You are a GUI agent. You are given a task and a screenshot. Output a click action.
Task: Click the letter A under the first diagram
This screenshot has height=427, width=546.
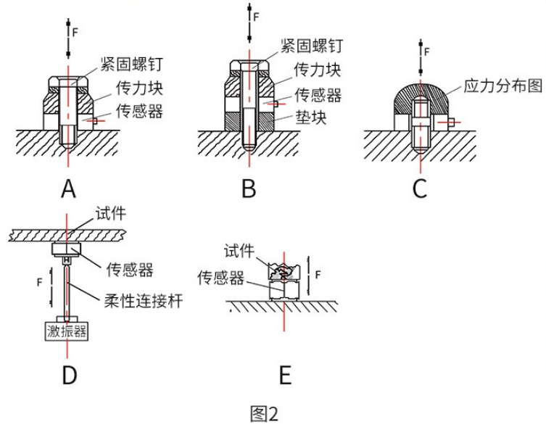[68, 189]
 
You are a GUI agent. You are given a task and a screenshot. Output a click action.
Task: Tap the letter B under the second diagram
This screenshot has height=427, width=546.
[249, 189]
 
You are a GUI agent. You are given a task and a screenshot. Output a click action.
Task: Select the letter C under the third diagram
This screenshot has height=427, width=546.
[420, 189]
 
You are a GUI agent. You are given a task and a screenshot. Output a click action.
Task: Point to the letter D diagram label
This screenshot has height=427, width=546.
[70, 375]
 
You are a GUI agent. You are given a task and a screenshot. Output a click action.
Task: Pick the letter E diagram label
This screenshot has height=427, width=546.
[285, 375]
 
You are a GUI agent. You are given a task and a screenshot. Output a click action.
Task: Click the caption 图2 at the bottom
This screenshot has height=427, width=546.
[264, 414]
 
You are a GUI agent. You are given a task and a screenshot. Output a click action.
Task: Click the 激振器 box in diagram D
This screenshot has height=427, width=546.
[67, 331]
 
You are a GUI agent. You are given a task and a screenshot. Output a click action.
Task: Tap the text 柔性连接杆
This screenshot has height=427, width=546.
[143, 301]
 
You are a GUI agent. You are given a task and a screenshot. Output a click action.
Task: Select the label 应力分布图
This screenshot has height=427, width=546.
[502, 86]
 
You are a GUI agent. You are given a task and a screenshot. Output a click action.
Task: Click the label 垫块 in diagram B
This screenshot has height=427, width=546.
[311, 117]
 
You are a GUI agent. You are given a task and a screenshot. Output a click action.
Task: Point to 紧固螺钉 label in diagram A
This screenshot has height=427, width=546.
[132, 64]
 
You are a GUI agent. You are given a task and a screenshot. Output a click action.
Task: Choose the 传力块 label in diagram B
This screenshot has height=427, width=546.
[318, 70]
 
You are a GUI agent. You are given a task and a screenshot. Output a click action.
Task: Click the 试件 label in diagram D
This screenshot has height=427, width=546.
[111, 213]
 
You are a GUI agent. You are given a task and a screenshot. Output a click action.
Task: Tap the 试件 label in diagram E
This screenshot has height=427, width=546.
[239, 250]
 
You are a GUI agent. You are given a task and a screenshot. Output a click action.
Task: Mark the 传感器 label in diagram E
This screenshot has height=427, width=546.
[220, 278]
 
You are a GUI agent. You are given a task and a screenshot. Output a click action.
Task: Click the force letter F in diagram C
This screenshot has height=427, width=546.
[427, 52]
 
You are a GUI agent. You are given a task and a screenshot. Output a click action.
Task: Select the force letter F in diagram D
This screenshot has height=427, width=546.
[39, 282]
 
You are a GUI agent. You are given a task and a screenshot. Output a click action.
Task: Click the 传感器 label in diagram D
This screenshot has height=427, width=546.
[130, 269]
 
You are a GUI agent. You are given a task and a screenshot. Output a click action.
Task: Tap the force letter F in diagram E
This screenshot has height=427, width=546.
[318, 275]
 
